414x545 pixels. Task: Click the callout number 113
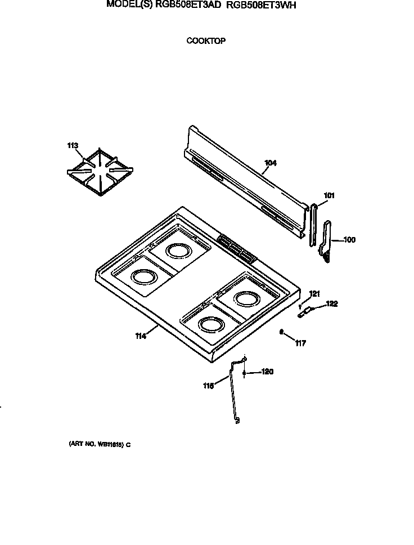click(x=73, y=146)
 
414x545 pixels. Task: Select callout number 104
click(x=271, y=163)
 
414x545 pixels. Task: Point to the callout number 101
click(x=329, y=196)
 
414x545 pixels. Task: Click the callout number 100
click(x=349, y=240)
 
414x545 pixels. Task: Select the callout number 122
click(x=332, y=304)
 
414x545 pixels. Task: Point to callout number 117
click(x=300, y=343)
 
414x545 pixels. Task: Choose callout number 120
click(x=267, y=372)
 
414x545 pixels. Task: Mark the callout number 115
click(x=209, y=386)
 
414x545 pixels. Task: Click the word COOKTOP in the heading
click(x=206, y=41)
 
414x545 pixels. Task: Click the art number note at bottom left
click(x=100, y=444)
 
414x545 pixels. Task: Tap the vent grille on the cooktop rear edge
click(x=237, y=248)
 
